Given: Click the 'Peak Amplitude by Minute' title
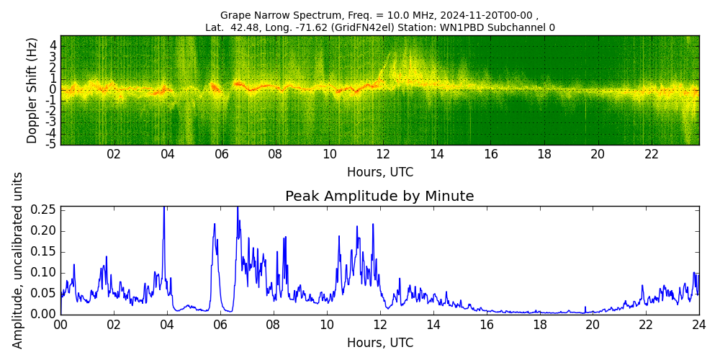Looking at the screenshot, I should (x=379, y=197).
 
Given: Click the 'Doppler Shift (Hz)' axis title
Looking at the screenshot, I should (x=32, y=90).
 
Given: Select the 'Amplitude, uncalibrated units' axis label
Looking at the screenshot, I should (x=18, y=260).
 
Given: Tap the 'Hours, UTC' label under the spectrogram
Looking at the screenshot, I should (x=379, y=173).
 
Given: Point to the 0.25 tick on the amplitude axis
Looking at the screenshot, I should (x=45, y=210).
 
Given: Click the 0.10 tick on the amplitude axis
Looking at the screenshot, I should (x=45, y=272).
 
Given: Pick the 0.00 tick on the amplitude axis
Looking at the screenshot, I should (x=45, y=314).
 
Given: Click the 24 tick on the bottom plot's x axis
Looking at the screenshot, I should (x=698, y=325).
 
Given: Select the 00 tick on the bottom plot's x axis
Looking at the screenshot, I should (x=60, y=325).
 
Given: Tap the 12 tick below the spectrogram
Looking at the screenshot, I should (x=382, y=154).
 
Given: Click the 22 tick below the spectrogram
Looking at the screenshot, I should (x=652, y=154).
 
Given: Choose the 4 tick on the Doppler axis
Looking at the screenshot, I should (x=53, y=45).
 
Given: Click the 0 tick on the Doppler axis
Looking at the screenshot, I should (x=53, y=89).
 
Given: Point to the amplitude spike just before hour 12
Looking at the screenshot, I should (x=373, y=225).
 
